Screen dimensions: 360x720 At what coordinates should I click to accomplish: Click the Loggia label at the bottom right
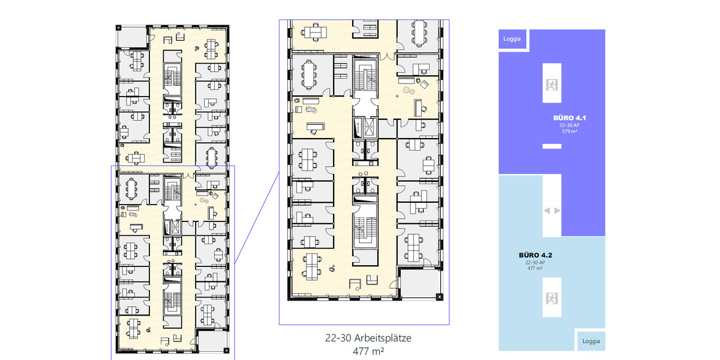tap(590, 341)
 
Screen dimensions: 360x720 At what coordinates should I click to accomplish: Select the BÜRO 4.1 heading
tap(569, 118)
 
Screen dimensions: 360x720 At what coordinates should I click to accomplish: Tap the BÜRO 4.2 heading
tap(535, 255)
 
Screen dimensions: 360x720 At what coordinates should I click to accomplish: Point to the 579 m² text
tap(569, 131)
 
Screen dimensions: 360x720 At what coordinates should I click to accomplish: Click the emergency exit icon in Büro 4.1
tap(551, 85)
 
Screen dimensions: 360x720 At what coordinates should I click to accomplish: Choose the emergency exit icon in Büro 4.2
tap(551, 296)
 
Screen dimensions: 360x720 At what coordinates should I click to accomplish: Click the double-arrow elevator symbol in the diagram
tap(551, 211)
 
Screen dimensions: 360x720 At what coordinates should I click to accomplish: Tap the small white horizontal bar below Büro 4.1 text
tap(551, 146)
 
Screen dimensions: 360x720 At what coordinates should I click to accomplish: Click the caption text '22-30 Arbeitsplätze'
tap(364, 338)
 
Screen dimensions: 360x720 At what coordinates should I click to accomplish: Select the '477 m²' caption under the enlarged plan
tap(364, 351)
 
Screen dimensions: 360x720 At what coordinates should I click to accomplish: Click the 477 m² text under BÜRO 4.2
tap(535, 268)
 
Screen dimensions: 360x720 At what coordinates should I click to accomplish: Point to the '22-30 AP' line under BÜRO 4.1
tap(569, 125)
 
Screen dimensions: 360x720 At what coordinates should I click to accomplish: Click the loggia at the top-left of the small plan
tap(131, 37)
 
